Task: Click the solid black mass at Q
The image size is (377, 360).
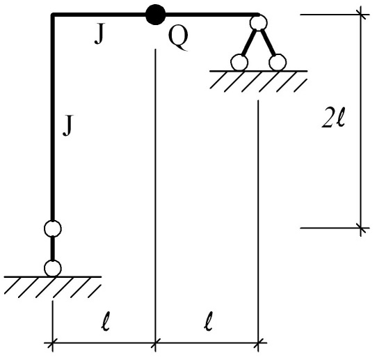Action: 156,15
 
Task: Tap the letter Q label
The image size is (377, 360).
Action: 178,38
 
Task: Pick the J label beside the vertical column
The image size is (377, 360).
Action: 67,126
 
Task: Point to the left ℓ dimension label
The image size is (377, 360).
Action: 106,321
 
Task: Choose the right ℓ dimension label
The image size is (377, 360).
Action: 208,321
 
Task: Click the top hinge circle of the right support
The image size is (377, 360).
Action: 259,22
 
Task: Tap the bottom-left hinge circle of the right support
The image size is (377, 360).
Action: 239,63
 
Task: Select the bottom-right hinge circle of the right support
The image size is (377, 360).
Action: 278,63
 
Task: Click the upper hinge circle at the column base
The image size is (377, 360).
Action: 53,228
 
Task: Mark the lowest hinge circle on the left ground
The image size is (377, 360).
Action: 53,268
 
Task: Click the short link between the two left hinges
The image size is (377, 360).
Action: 53,249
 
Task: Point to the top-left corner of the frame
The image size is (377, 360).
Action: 52,15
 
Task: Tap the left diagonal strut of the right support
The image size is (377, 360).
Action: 248,42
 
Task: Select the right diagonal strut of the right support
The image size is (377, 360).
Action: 268,42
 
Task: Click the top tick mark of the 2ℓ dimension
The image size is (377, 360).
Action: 360,15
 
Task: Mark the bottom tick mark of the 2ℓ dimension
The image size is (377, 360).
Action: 360,228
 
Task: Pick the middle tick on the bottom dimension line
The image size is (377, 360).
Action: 156,342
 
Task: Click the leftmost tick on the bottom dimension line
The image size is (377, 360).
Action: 53,342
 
